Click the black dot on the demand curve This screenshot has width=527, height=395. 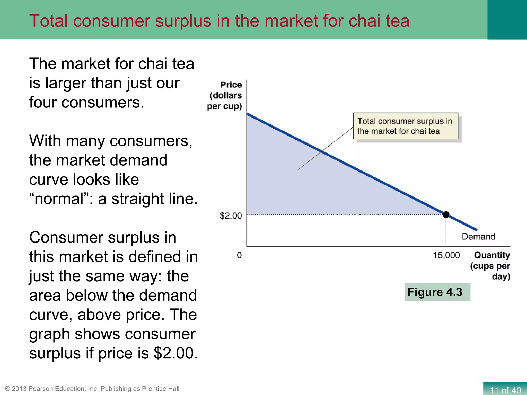[x=446, y=214]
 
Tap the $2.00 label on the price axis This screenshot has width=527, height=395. [x=231, y=216]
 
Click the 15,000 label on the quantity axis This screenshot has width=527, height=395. [x=446, y=255]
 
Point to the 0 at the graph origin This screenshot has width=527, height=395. [x=239, y=255]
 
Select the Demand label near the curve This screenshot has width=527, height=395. [x=478, y=237]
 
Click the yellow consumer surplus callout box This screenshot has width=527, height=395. [x=406, y=126]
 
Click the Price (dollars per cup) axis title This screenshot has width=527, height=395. [x=225, y=95]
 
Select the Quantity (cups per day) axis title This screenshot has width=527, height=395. [x=490, y=266]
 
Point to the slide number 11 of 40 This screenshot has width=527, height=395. [x=505, y=390]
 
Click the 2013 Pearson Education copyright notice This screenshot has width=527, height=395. [x=92, y=389]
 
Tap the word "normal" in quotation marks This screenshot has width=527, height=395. [x=62, y=199]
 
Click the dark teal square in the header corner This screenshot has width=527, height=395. [x=507, y=20]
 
